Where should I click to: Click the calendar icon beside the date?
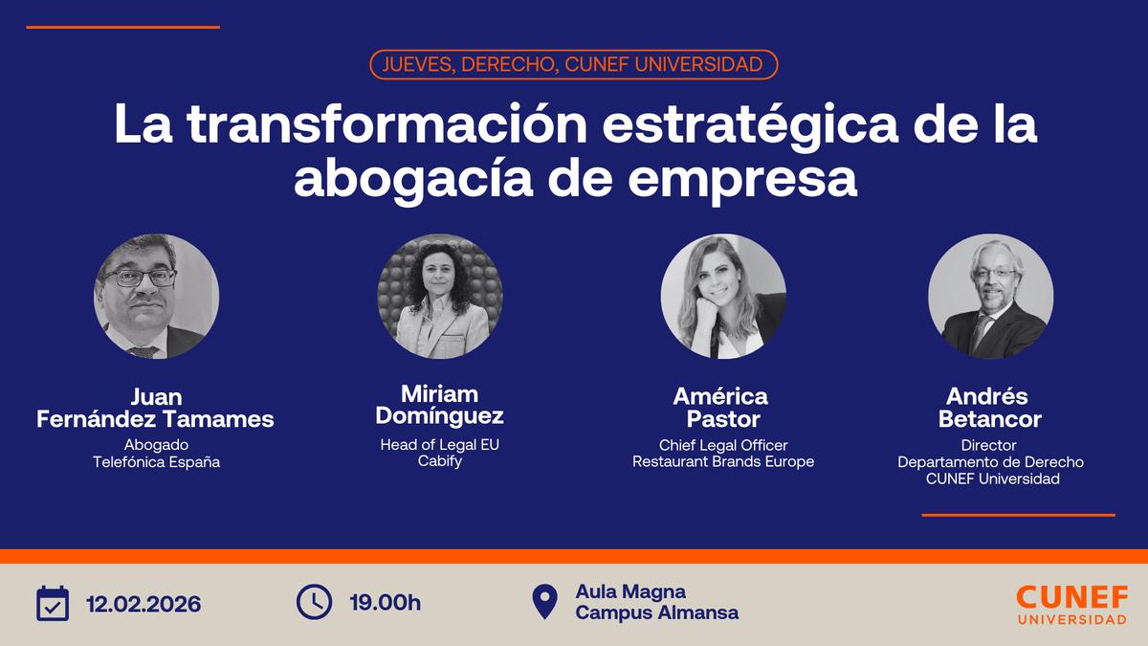(53, 603)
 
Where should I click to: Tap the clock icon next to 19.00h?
(315, 602)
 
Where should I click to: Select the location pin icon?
(544, 602)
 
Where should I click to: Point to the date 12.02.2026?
(143, 604)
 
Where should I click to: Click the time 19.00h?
(386, 603)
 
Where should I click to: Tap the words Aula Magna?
(630, 592)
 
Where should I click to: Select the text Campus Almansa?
(656, 613)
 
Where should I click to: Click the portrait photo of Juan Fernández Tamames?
(156, 296)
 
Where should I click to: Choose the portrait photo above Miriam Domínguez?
(440, 296)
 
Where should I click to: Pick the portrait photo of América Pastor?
(723, 296)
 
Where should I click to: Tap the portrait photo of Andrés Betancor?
(991, 296)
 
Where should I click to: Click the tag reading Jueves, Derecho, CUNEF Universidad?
(573, 64)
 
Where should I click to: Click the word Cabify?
(440, 461)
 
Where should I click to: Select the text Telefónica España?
(156, 461)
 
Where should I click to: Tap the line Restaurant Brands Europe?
(723, 461)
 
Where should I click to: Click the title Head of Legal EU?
(440, 444)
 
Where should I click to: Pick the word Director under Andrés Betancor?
(991, 445)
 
